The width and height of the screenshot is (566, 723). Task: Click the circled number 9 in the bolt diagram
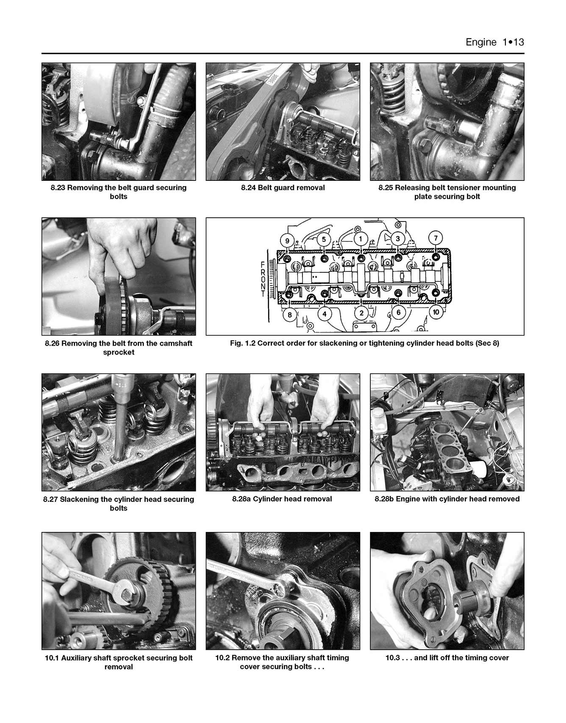point(287,241)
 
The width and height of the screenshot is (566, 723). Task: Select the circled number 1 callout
point(361,239)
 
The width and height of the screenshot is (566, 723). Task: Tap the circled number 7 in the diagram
point(436,238)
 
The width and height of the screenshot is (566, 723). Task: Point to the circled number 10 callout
point(436,312)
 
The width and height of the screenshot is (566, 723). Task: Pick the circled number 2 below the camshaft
point(361,313)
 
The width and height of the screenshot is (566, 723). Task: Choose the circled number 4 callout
point(324,314)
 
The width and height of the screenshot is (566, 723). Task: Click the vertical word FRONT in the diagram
point(263,279)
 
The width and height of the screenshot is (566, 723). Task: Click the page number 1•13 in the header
point(513,42)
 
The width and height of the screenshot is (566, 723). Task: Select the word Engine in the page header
point(480,42)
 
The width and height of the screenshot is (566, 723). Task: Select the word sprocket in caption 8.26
point(119,352)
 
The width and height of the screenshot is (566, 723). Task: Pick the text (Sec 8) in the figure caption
point(487,343)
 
